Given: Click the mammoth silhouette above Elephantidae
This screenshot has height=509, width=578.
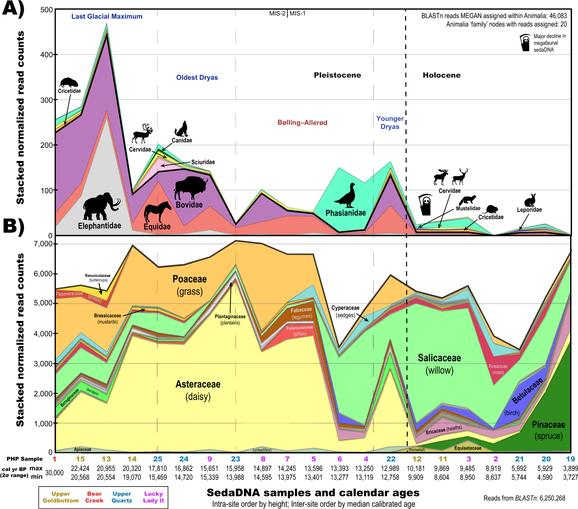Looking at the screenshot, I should [x=100, y=207].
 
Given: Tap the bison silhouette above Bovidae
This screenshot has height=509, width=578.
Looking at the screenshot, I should [x=190, y=187].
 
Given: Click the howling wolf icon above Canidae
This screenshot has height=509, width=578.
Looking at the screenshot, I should [x=182, y=129].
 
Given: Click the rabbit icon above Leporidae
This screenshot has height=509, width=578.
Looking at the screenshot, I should [x=530, y=200].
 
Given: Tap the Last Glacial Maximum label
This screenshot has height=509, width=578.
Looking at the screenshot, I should [x=107, y=17].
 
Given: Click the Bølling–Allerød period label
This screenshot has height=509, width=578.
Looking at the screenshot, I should [x=302, y=123].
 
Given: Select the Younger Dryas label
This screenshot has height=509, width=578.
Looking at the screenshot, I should [x=390, y=123].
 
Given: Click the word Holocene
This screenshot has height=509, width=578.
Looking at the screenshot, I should [x=442, y=75].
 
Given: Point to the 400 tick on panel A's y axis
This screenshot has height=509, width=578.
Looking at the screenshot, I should [x=47, y=55].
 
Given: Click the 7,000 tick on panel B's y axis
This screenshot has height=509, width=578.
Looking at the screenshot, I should [x=43, y=244].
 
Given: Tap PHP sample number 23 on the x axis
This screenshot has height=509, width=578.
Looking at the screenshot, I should [x=235, y=459].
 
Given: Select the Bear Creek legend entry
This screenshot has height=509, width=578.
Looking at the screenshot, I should [x=94, y=497].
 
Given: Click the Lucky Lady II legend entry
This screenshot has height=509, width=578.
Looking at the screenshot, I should [x=153, y=497].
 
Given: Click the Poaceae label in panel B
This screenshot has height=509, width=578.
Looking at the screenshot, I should [x=190, y=279].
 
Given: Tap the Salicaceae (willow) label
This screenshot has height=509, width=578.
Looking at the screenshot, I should [x=439, y=364].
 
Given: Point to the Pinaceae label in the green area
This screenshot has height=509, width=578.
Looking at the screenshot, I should [x=549, y=425].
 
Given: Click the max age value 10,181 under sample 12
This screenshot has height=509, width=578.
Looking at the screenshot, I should [x=415, y=468].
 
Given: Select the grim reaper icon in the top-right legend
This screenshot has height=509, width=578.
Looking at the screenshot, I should [x=525, y=43].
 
